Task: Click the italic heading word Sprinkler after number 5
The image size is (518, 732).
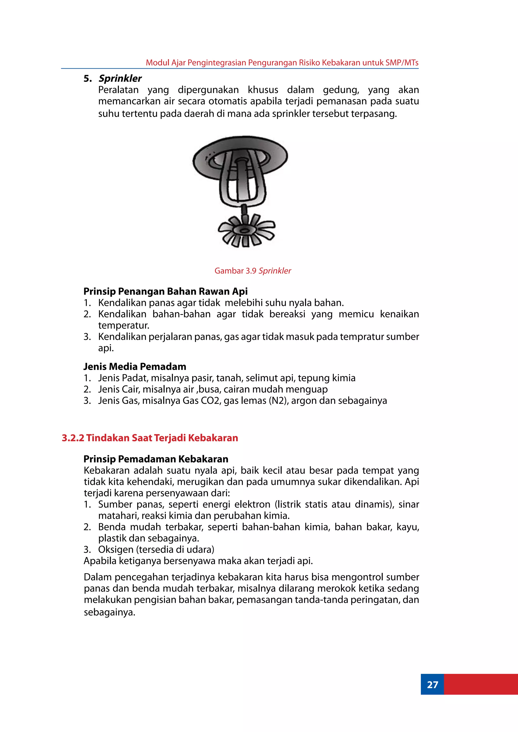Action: click(120, 78)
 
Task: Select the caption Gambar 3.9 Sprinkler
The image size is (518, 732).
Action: click(253, 271)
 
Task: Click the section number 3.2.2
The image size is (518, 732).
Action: click(73, 438)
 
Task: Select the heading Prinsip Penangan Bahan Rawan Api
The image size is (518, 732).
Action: click(166, 291)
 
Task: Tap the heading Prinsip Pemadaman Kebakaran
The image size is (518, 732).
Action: click(156, 459)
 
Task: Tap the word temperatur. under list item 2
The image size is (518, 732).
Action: click(124, 326)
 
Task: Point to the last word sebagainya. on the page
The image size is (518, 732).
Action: click(110, 612)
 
